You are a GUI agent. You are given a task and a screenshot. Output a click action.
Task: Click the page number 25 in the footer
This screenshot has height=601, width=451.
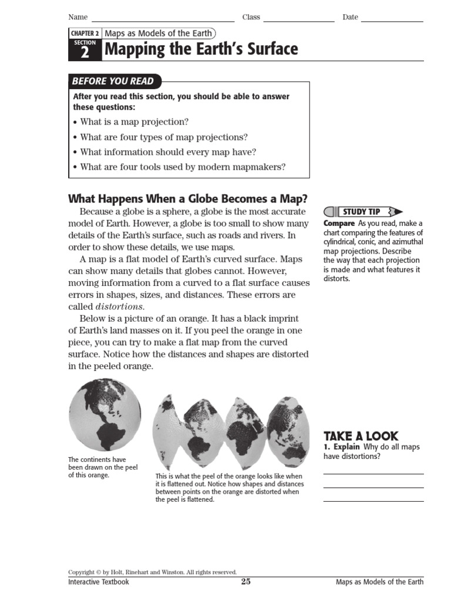tap(246, 582)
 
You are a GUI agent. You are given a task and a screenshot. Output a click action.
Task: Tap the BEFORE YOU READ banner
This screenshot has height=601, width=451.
tap(113, 81)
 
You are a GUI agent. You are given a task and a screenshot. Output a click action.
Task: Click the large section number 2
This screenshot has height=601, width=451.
tap(85, 53)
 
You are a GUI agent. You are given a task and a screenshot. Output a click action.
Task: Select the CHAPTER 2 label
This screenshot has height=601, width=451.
tap(85, 33)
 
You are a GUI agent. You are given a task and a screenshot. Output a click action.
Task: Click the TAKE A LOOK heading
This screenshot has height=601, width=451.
tap(361, 436)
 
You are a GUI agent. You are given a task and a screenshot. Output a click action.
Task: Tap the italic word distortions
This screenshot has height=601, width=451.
tap(120, 306)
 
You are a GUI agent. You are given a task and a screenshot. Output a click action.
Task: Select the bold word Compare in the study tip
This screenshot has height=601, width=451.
tap(339, 224)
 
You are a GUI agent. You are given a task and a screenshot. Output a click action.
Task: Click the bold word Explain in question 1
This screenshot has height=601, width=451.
tap(346, 447)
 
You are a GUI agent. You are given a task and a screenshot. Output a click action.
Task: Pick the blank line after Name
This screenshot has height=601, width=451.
tap(163, 21)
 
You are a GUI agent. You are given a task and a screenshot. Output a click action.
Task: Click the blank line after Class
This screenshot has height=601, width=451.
tap(298, 21)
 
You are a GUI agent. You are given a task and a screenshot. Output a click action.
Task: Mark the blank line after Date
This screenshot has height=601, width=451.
tap(392, 21)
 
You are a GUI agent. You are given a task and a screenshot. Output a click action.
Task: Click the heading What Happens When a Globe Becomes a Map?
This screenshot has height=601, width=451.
tap(188, 198)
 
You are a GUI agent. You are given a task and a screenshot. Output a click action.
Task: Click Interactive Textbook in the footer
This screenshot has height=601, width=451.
tap(99, 582)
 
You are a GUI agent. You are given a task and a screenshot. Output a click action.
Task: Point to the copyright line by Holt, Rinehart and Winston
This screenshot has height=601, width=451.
tap(152, 572)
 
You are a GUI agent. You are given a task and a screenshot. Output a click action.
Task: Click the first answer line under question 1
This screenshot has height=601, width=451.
tap(373, 473)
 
